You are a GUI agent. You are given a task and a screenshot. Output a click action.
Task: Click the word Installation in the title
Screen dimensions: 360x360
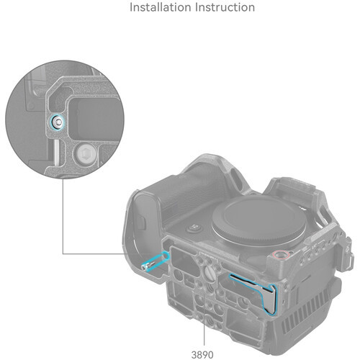point(161,7)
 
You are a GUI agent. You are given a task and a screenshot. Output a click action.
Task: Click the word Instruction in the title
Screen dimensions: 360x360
point(225,7)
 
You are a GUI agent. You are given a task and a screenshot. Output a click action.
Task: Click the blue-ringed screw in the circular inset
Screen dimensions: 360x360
point(57,122)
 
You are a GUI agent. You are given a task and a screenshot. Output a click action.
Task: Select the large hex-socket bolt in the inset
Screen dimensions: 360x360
point(85,153)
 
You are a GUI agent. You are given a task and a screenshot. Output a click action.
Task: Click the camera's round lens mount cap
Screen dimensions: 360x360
point(258,219)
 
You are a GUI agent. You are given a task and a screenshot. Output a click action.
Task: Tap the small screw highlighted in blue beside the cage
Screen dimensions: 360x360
point(147,266)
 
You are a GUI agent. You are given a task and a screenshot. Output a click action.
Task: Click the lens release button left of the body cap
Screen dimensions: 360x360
point(195,228)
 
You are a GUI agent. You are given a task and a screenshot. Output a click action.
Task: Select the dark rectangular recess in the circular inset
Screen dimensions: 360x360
point(96,119)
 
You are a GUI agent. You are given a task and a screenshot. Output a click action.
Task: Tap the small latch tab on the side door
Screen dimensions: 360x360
point(142,223)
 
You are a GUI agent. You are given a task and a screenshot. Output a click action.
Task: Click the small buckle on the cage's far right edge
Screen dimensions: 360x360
point(351,261)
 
